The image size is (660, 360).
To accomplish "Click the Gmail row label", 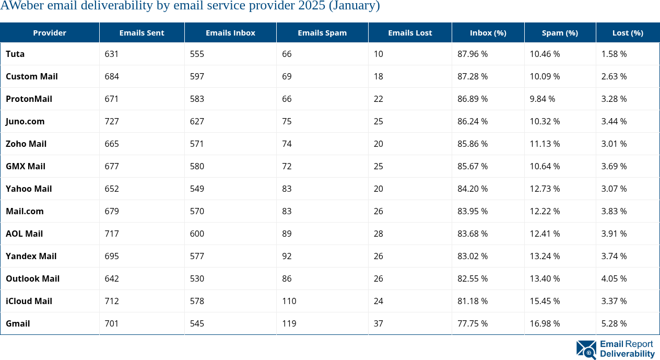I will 18,323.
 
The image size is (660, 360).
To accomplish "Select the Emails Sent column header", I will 142,32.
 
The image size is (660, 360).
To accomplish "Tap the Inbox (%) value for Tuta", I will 472,54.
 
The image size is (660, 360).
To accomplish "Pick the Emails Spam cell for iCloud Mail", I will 289,301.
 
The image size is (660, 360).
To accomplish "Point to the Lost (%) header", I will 627,32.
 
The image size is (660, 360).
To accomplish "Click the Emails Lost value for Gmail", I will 378,323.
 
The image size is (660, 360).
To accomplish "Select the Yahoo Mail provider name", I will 29,189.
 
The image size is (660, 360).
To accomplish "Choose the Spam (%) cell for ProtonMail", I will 542,99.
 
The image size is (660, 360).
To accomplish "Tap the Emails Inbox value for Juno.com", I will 197,121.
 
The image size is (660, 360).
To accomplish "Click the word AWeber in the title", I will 21,6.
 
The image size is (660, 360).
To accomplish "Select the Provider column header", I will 50,32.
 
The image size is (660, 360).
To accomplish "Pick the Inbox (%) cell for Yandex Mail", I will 472,256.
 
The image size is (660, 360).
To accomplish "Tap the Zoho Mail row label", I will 26,144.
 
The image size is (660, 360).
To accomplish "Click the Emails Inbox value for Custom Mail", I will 197,76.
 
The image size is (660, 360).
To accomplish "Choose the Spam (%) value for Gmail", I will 545,323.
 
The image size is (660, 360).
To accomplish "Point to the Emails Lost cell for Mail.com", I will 378,211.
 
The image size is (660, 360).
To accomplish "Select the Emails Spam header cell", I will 322,32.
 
